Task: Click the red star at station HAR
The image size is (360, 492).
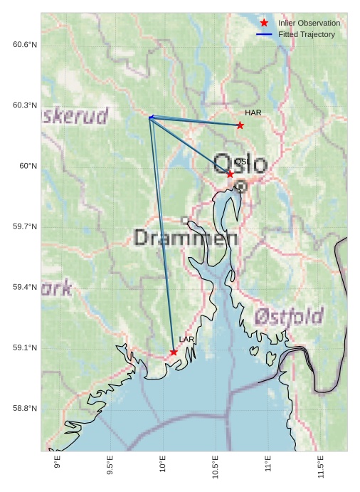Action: tap(240, 125)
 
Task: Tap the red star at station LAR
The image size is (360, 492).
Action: tap(174, 352)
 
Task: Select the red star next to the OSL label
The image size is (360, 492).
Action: tap(230, 174)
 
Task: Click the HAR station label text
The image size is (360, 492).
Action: tap(253, 112)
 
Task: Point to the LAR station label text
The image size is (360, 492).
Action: tap(186, 340)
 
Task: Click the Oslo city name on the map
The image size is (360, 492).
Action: tap(240, 164)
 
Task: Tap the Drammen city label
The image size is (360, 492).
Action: tap(186, 238)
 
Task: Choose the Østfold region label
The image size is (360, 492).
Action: tap(289, 315)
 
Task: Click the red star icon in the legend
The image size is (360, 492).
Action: tap(264, 23)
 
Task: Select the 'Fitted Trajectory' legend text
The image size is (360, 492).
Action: tap(307, 34)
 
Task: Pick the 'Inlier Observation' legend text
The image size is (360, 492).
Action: tap(309, 23)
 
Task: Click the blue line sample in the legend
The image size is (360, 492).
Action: tap(264, 34)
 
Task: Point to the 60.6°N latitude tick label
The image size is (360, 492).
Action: tap(25, 45)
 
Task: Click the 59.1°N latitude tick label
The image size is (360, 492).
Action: tap(25, 347)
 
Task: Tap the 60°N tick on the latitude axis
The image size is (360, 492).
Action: tap(28, 166)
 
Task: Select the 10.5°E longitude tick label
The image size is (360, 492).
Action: tap(216, 467)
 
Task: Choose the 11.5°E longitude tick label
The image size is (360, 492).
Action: tap(321, 467)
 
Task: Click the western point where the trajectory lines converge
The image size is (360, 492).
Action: tap(150, 117)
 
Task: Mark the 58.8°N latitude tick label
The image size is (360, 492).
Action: tap(25, 408)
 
